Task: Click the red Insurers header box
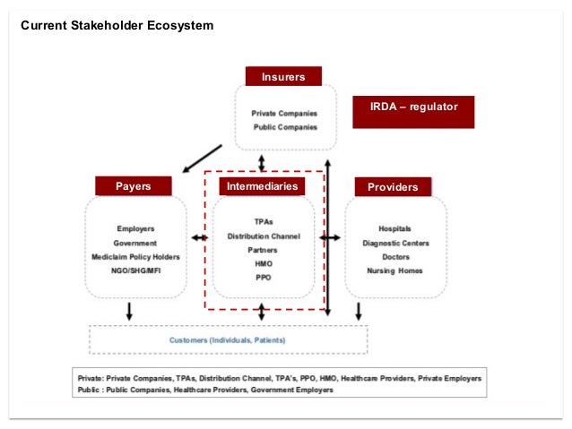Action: click(283, 77)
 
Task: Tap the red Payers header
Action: click(134, 186)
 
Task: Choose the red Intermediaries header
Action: click(262, 186)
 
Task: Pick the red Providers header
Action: click(393, 187)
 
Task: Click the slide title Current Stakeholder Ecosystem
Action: click(117, 25)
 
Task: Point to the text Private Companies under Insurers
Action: click(283, 114)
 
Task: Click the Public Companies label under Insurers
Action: click(285, 127)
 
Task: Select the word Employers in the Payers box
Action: click(135, 229)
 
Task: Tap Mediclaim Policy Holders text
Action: click(135, 257)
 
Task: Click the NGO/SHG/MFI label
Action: click(135, 270)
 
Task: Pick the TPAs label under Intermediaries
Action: click(263, 221)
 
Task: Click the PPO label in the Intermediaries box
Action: click(263, 278)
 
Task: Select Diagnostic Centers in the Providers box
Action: click(395, 243)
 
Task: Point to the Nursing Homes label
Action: click(395, 270)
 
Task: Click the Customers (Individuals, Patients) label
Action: click(228, 339)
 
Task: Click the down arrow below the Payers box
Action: click(130, 311)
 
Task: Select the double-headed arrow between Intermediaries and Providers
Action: click(330, 237)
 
